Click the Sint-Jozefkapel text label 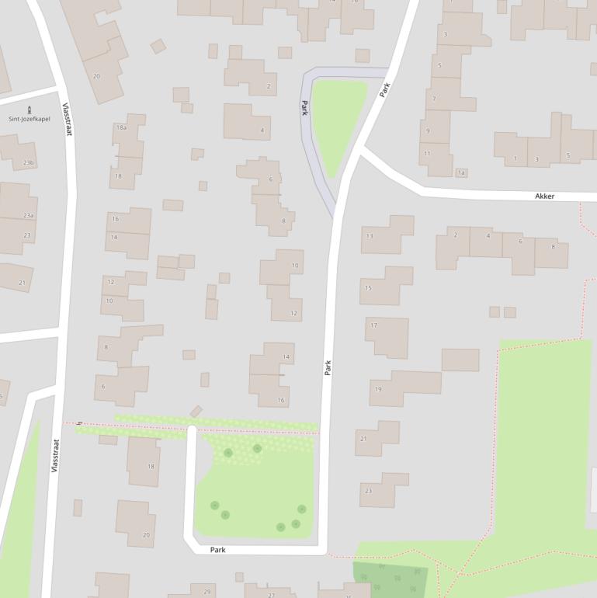tap(30, 119)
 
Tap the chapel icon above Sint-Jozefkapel tap(30, 109)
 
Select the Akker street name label tap(545, 196)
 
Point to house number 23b tap(29, 162)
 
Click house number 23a tap(29, 215)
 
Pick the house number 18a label tap(121, 127)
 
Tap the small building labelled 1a tap(462, 172)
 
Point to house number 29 tap(207, 592)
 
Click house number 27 tap(271, 595)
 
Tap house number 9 tap(428, 130)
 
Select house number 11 tap(427, 154)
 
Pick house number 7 tap(434, 99)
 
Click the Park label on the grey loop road tap(305, 108)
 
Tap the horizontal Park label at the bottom tap(218, 550)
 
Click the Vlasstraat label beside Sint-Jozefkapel tap(67, 120)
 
